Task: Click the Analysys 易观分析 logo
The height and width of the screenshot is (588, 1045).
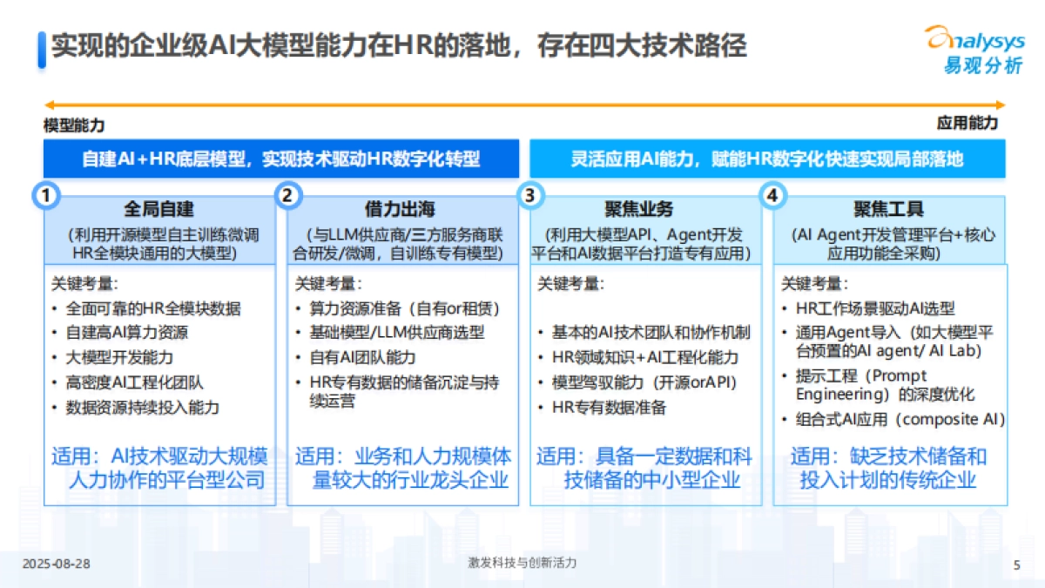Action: point(973,50)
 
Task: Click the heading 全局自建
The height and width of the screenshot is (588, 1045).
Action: point(158,210)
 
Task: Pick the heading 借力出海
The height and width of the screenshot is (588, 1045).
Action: point(400,210)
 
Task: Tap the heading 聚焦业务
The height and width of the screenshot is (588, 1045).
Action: point(639,210)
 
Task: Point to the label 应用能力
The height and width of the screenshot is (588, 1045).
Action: point(967,124)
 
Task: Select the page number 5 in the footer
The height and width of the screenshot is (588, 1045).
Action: point(1016,564)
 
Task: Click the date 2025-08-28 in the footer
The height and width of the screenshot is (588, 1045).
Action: point(56,564)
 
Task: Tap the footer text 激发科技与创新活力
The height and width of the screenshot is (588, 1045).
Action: point(522,564)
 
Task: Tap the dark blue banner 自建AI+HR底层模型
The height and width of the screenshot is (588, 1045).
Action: point(280,159)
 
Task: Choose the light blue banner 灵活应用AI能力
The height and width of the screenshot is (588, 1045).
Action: point(766,159)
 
